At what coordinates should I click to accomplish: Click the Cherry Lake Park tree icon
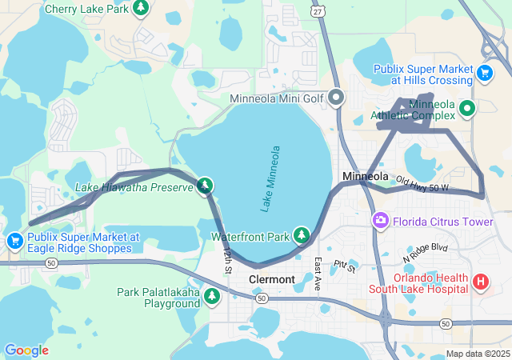141,8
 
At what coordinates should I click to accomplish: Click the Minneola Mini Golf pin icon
336,98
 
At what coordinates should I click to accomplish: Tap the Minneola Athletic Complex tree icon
467,109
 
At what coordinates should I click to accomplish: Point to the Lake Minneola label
270,178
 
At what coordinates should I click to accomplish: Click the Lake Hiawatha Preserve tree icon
205,186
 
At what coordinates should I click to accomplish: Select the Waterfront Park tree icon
301,235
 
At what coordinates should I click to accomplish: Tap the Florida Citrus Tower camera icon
381,219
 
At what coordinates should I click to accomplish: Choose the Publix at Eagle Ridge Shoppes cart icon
14,241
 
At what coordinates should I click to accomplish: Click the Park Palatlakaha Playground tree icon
212,297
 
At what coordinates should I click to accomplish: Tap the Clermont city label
273,279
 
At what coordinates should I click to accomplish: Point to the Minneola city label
365,176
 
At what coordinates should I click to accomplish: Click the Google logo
26,350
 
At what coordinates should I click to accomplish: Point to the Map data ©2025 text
477,354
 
